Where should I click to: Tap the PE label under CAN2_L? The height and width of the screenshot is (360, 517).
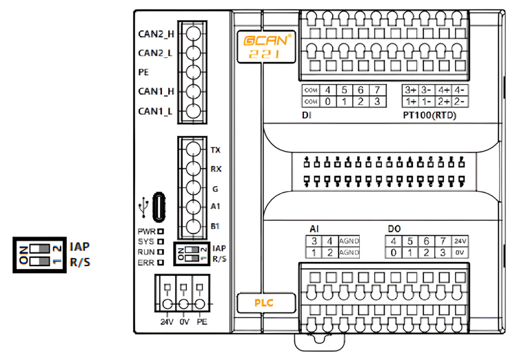pyautogui.click(x=143, y=72)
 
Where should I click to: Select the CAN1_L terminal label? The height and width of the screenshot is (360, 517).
pyautogui.click(x=155, y=110)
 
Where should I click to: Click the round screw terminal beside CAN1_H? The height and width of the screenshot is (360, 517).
pyautogui.click(x=194, y=91)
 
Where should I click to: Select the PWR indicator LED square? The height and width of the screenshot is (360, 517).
pyautogui.click(x=160, y=232)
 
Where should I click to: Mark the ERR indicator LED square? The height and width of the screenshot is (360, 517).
pyautogui.click(x=160, y=263)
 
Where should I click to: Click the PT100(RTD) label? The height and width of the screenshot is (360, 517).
pyautogui.click(x=429, y=116)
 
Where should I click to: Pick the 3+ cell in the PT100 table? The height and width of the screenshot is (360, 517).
pyautogui.click(x=411, y=90)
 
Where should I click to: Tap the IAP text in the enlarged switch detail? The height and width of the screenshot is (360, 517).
pyautogui.click(x=80, y=246)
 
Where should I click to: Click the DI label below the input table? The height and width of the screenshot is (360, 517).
pyautogui.click(x=307, y=115)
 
